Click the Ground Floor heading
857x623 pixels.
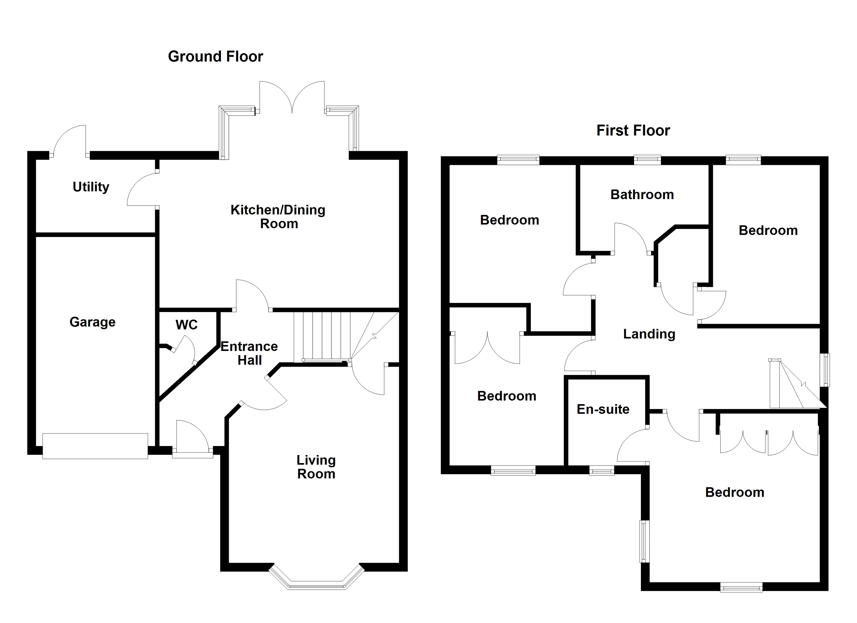click(215, 57)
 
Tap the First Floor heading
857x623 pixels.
click(633, 131)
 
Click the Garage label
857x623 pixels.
click(92, 322)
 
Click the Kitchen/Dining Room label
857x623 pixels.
click(278, 216)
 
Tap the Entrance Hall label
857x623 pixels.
click(249, 353)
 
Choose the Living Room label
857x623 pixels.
click(316, 467)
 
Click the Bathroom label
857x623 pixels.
click(642, 195)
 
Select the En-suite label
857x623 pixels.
click(603, 409)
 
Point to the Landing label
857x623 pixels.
click(649, 334)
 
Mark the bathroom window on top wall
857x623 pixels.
click(647, 160)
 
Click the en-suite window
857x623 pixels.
click(601, 470)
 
